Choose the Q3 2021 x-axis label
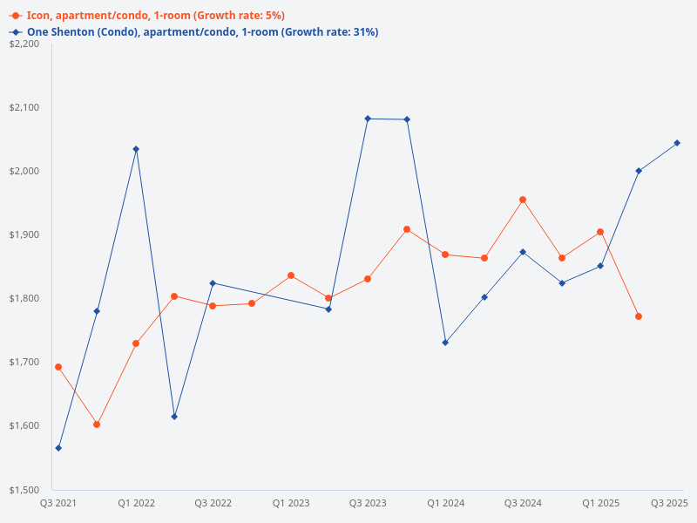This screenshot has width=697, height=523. pyautogui.click(x=58, y=503)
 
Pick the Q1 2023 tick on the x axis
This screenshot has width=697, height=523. pyautogui.click(x=291, y=503)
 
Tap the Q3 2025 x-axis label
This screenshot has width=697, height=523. pyautogui.click(x=670, y=503)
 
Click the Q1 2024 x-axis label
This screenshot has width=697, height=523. pyautogui.click(x=445, y=503)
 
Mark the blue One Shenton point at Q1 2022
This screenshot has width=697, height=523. pyautogui.click(x=136, y=149)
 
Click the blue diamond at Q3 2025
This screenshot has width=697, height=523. pyautogui.click(x=677, y=143)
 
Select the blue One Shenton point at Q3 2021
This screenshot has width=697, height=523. pyautogui.click(x=58, y=448)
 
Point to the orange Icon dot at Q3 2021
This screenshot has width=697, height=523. pyautogui.click(x=58, y=367)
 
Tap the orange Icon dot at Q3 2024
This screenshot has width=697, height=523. pyautogui.click(x=523, y=200)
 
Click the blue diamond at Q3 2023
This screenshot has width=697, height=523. pyautogui.click(x=368, y=119)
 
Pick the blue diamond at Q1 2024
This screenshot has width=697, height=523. pyautogui.click(x=445, y=343)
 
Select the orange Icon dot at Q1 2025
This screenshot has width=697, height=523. pyautogui.click(x=600, y=232)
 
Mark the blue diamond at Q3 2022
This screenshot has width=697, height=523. pyautogui.click(x=213, y=283)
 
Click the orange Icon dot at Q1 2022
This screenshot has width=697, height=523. pyautogui.click(x=136, y=343)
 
